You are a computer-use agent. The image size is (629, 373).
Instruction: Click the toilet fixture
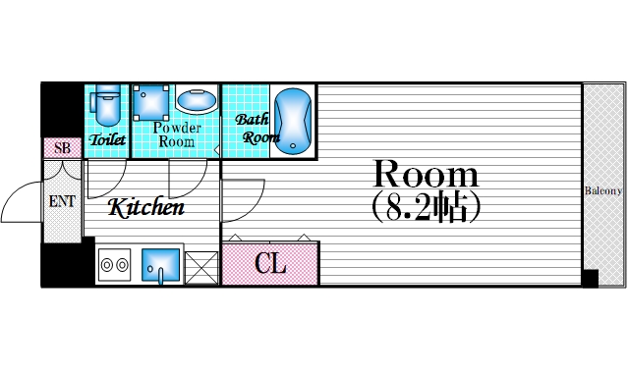(x=105, y=105)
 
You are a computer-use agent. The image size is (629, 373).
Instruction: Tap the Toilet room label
(x=107, y=139)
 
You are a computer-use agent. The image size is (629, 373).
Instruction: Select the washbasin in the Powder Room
(x=197, y=100)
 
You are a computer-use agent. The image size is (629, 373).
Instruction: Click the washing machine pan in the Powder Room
(x=150, y=102)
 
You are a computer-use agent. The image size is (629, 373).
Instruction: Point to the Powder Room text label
(x=177, y=134)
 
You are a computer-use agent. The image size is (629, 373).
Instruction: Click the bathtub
(x=293, y=122)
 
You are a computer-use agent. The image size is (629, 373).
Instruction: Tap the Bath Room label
(x=256, y=129)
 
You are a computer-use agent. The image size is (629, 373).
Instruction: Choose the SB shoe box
(x=62, y=148)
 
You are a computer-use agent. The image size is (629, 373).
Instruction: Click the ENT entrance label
(x=62, y=201)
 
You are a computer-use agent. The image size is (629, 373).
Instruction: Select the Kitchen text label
(x=146, y=207)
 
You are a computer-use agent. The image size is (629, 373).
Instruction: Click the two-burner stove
(x=114, y=265)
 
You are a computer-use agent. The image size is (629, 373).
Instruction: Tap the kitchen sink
(x=160, y=265)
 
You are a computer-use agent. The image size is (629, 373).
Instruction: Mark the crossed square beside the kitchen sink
(x=201, y=268)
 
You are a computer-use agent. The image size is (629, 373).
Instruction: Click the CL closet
(x=271, y=263)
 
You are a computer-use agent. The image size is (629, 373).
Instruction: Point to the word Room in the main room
(x=426, y=174)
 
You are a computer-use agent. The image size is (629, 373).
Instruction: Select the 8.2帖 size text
(x=426, y=207)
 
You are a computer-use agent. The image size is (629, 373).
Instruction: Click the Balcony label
(x=602, y=190)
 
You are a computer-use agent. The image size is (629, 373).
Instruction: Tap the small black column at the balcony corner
(x=590, y=279)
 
